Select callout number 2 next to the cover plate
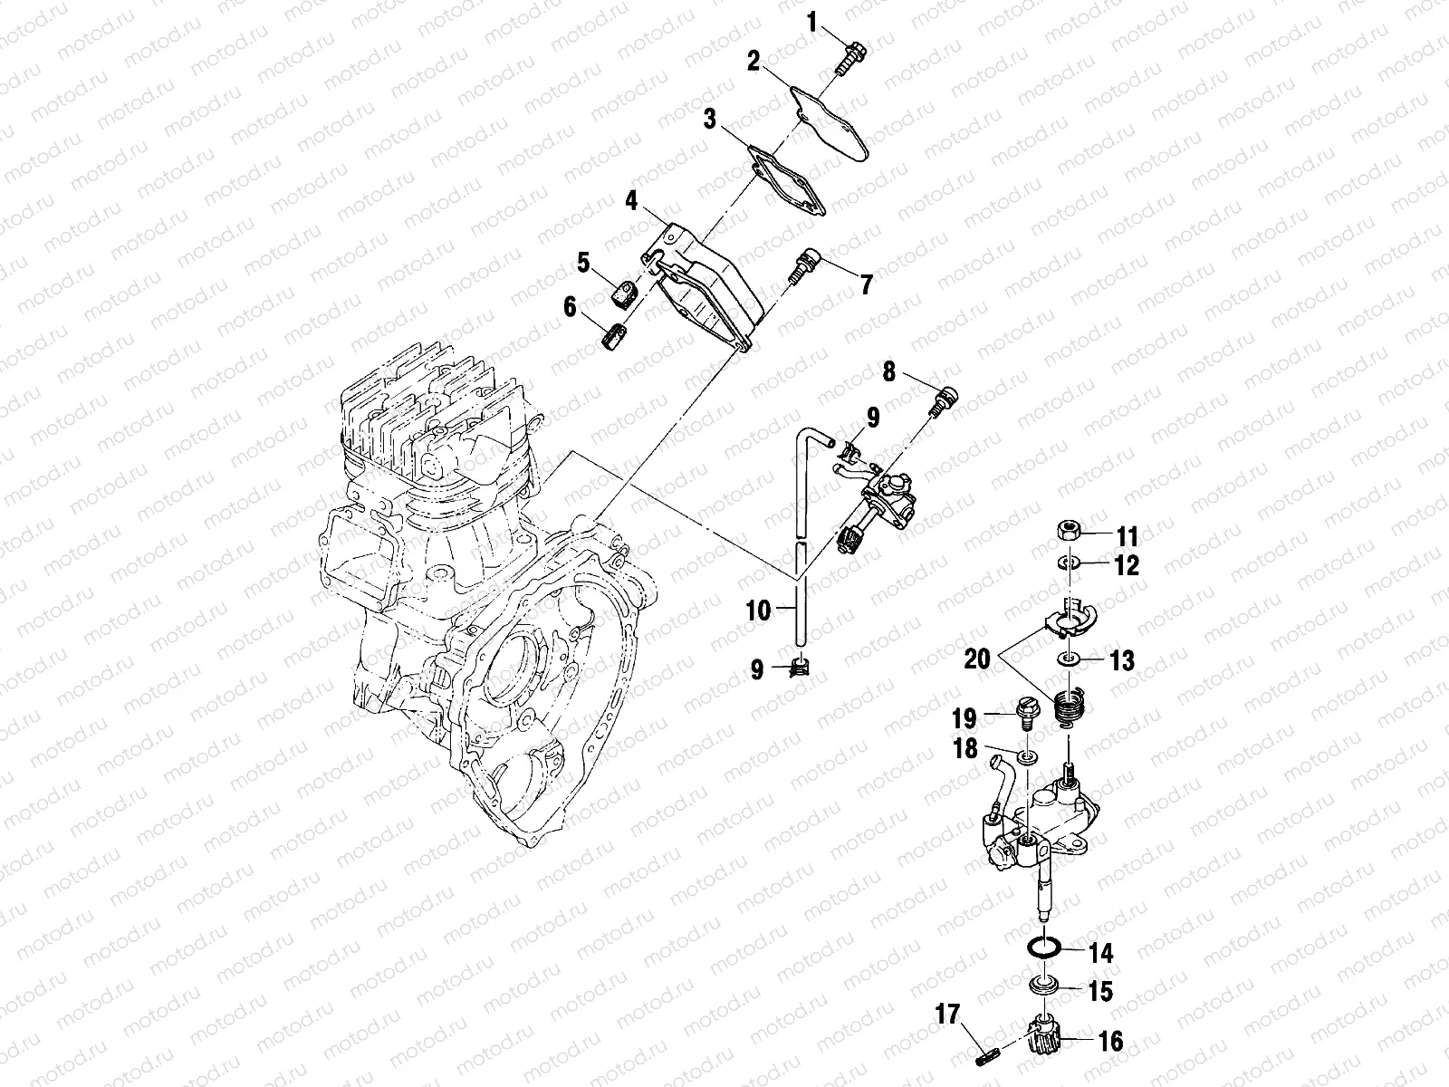(x=753, y=62)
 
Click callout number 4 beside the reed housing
(x=631, y=199)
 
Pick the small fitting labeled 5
(x=622, y=293)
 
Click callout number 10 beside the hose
(x=759, y=611)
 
